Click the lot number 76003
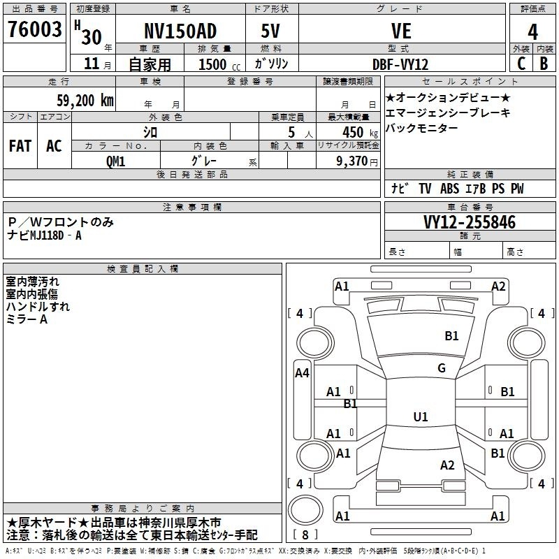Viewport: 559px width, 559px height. point(34,29)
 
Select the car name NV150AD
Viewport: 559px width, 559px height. point(180,31)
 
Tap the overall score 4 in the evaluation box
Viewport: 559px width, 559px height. point(532,32)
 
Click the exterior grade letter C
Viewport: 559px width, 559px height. point(521,64)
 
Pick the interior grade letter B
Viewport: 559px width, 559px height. point(544,64)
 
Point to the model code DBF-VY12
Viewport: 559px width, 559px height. point(400,64)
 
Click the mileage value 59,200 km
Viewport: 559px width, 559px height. point(85,101)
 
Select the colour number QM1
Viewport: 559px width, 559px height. point(115,161)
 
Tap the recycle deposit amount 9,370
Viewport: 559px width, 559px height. point(351,161)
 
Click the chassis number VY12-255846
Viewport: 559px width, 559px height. point(470,222)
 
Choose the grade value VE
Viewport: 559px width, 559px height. point(401,31)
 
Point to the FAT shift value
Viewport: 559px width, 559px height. point(20,146)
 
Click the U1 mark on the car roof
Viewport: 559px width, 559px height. point(421,416)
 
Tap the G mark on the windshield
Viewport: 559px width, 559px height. point(442,368)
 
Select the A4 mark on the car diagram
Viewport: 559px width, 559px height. point(302,373)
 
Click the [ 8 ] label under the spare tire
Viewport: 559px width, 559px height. point(305,535)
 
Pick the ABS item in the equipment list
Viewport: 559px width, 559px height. point(449,189)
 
